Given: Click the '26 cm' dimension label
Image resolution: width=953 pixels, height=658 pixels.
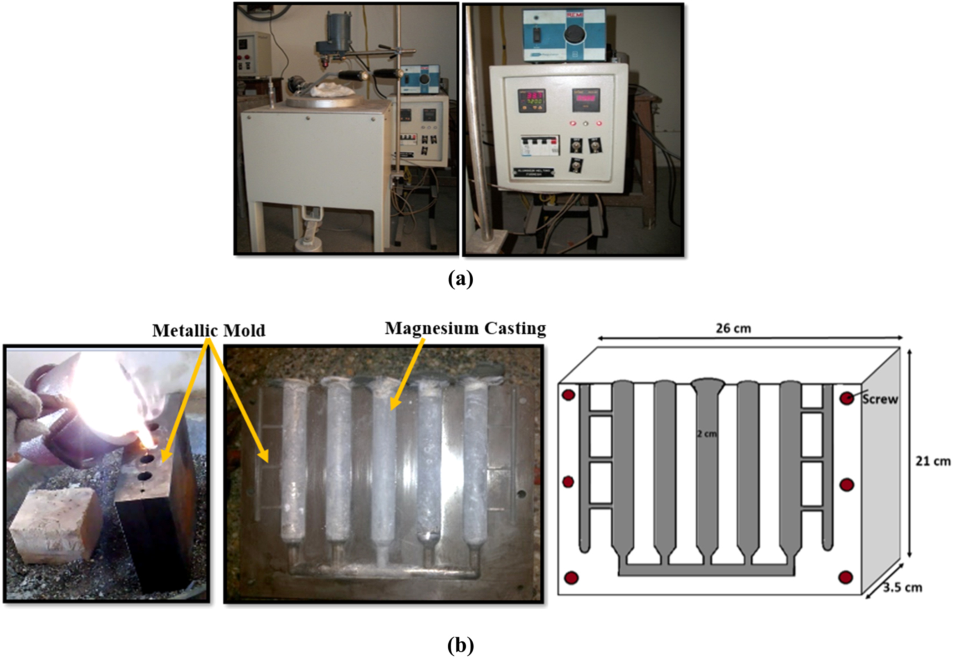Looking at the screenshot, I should (733, 329).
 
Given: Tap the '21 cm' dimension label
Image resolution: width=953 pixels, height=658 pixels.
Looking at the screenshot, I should (932, 461).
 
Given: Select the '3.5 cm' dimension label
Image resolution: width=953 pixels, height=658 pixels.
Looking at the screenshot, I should (903, 587).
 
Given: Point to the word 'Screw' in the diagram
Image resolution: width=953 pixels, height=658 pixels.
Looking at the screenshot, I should (880, 399).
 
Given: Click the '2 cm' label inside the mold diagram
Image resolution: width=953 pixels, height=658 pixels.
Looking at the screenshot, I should (706, 434).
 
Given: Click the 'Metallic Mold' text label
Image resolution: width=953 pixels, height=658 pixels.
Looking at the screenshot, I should (209, 330).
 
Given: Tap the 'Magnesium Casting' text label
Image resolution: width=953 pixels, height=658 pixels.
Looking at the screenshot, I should (465, 328).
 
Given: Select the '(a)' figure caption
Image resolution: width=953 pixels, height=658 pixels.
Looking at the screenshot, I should (460, 278).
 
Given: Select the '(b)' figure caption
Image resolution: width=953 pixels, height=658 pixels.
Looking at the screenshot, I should (460, 645).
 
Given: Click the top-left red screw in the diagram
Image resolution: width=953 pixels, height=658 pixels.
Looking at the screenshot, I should (568, 396).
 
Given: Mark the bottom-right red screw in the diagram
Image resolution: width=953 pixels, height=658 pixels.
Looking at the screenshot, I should (846, 578).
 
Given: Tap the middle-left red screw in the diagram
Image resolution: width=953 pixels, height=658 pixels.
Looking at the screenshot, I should (568, 482).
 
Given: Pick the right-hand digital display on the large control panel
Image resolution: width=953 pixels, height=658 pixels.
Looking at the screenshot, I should (586, 101).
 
